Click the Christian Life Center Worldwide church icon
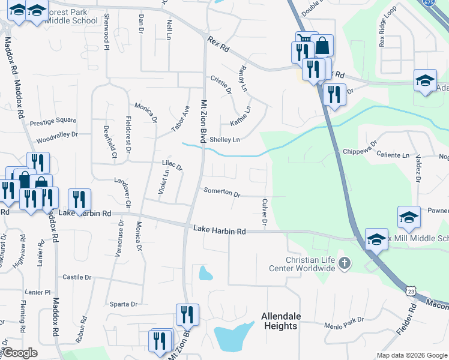click(345, 262)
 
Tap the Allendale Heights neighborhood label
click(280, 321)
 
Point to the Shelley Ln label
click(224, 140)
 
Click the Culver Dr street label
click(264, 211)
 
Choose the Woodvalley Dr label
click(57, 135)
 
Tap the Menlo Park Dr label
click(344, 326)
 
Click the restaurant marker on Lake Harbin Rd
click(79, 199)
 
